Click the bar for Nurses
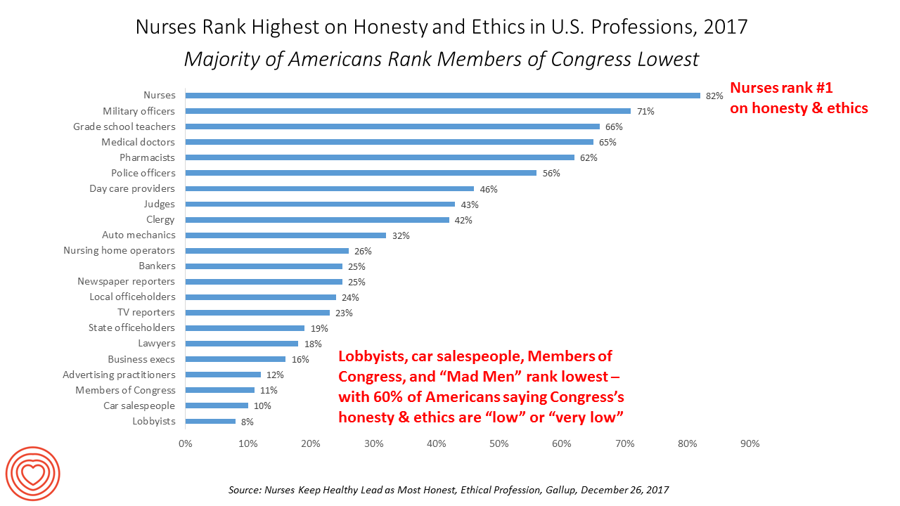442,96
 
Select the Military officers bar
408,111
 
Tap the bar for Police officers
361,173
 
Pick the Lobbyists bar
210,422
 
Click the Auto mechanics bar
285,235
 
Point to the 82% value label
714,96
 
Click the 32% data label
401,235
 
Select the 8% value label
247,422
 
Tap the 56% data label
551,173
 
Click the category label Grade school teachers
124,126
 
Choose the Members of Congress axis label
126,390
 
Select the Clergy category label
160,220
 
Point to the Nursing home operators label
119,251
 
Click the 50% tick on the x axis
499,444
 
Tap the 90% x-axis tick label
750,444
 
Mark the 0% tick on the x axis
185,444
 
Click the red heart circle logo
32,474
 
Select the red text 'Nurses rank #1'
781,88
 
